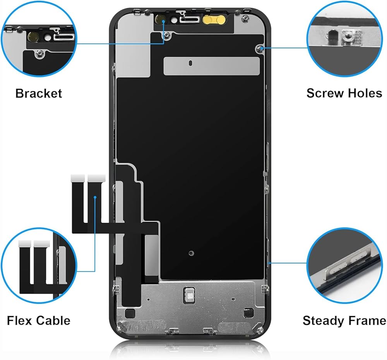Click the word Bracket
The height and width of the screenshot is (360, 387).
point(39,94)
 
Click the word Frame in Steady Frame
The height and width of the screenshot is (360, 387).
point(366,321)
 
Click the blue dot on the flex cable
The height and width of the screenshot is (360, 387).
point(96,197)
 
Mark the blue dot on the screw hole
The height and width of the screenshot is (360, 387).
point(262,48)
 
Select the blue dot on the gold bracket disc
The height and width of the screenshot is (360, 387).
point(163,22)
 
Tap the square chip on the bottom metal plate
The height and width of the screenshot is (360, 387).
point(190,293)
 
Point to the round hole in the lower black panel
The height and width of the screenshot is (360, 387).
point(191,253)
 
